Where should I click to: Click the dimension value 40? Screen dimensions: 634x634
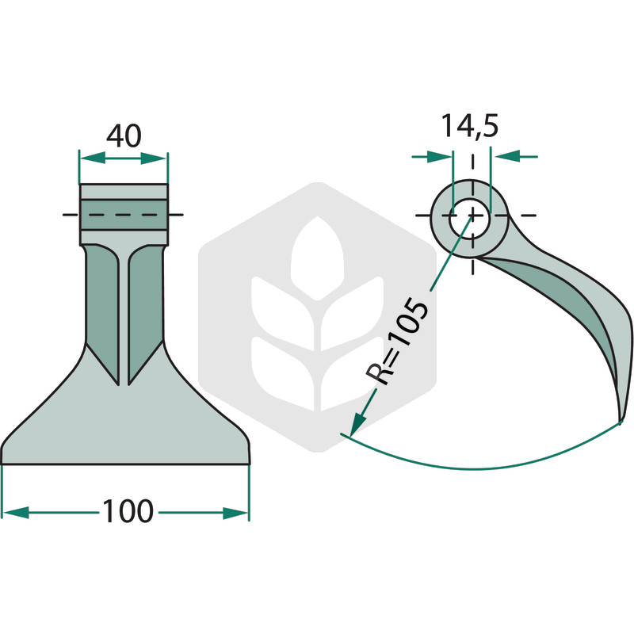124,136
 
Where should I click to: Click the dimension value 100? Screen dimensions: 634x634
128,511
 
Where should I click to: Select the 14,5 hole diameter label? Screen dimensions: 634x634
469,126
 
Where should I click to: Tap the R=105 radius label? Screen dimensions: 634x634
396,342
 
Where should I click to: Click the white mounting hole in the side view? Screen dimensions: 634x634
469,219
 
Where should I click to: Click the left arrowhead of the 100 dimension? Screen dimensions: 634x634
16,513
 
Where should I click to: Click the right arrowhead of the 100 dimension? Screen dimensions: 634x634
235,513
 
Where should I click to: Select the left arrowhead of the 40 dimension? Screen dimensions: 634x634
93,158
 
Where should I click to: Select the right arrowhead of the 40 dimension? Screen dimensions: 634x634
154,158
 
